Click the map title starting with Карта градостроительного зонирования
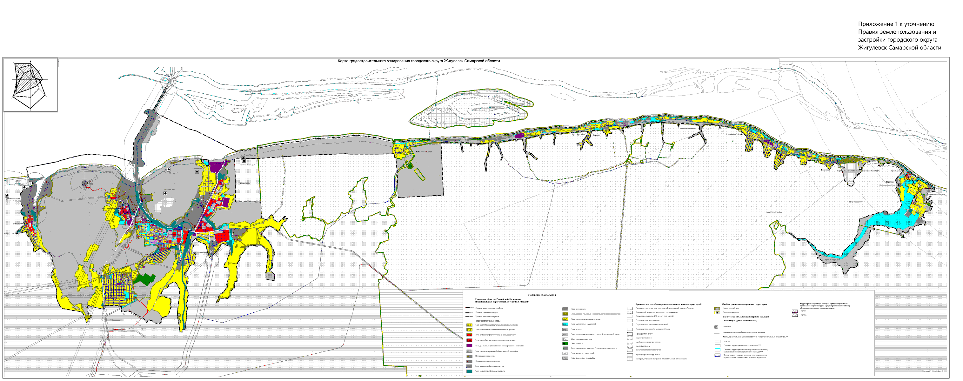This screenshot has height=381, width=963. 418,61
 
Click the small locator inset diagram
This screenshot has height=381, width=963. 30,85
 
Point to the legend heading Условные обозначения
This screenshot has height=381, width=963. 542,295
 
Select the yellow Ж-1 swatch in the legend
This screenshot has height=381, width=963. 469,325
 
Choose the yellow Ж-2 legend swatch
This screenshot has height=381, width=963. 469,330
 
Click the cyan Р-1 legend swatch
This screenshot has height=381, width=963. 565,324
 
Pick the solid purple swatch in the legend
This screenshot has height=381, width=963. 469,346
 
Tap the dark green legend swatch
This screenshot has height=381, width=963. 565,343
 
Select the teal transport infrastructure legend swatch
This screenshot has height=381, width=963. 469,371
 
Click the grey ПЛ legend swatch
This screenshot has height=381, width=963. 565,358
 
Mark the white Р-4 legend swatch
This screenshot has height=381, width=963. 565,339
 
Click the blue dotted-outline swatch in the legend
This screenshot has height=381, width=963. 717,356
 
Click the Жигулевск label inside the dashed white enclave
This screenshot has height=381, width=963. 245,183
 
